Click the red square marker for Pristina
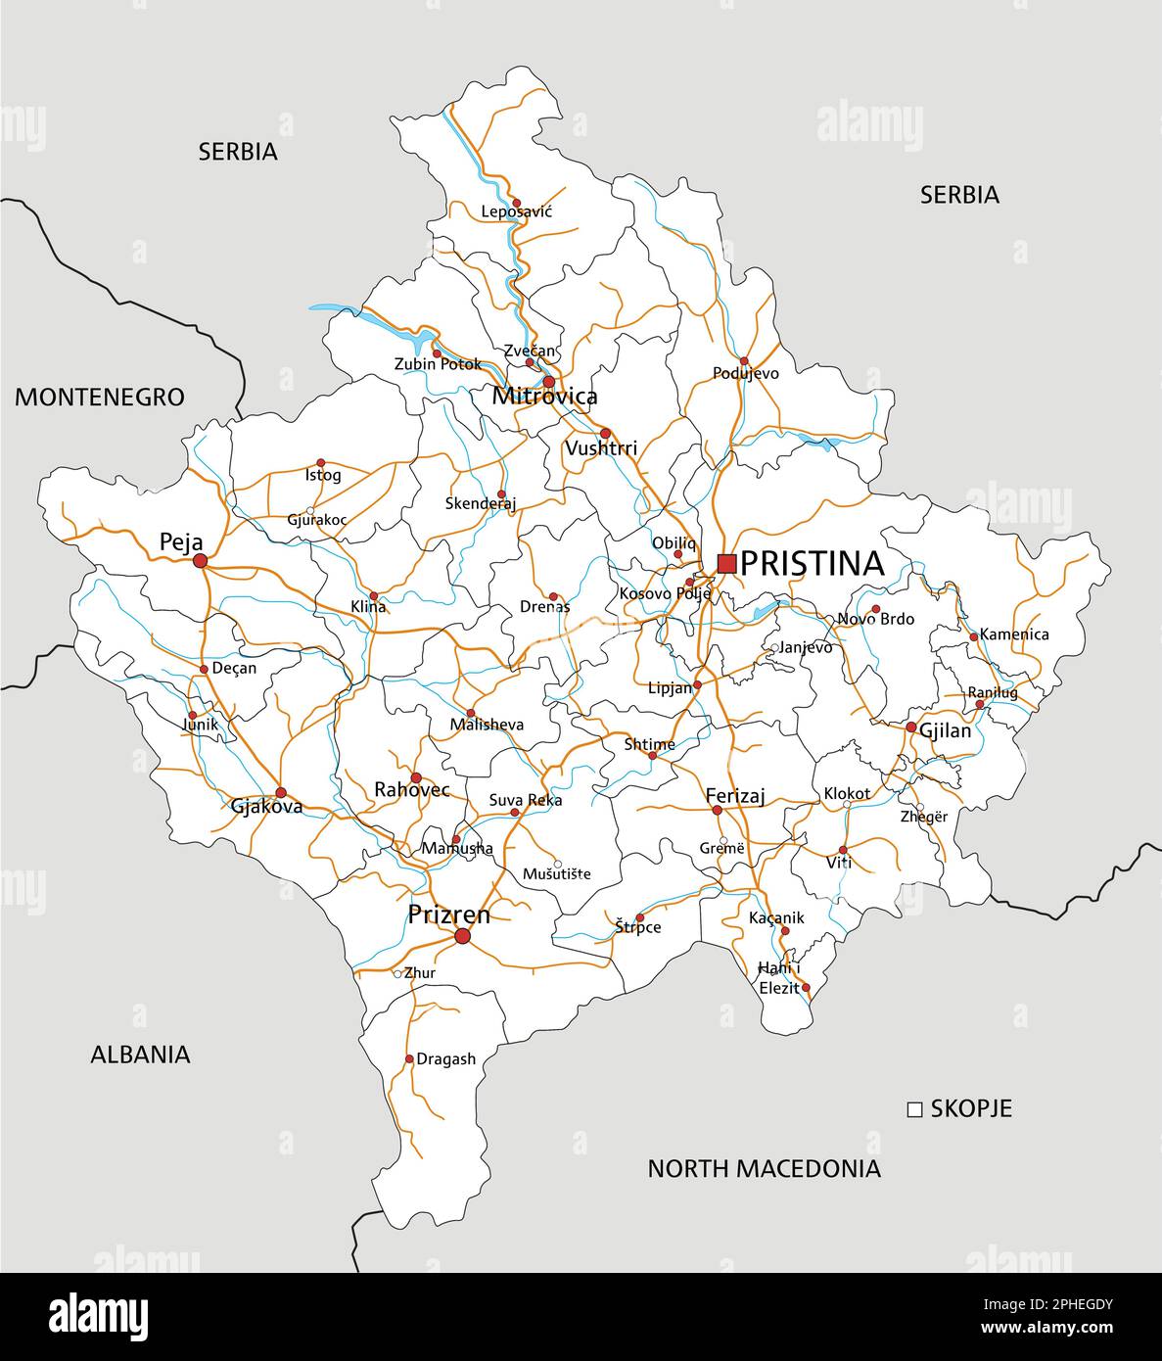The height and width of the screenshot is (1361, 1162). tap(726, 563)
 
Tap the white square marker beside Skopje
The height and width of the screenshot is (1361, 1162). tap(915, 1109)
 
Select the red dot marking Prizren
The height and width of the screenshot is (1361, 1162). tap(462, 937)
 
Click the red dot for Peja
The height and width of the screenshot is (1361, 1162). tap(200, 560)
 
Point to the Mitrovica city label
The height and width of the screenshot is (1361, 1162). tap(544, 397)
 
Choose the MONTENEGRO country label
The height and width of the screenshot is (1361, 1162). tap(100, 397)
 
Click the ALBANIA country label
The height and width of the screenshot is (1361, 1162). tap(140, 1055)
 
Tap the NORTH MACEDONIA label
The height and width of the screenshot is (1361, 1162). tap(764, 1168)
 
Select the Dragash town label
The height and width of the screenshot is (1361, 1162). tap(446, 1058)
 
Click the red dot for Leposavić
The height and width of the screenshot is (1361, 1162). tap(517, 203)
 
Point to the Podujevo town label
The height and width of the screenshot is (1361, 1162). tap(746, 373)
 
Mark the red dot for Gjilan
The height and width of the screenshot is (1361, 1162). tap(910, 727)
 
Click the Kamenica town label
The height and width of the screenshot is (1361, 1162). tap(1014, 634)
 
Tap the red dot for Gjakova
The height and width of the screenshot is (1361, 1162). tap(281, 792)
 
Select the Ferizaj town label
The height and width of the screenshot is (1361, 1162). tap(735, 797)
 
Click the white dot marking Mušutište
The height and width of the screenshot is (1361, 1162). tap(557, 864)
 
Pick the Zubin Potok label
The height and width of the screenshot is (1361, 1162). tap(438, 364)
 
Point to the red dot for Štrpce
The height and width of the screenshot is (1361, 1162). tap(639, 918)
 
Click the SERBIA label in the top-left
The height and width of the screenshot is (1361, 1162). tap(238, 152)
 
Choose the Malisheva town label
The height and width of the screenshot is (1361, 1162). tap(487, 726)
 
